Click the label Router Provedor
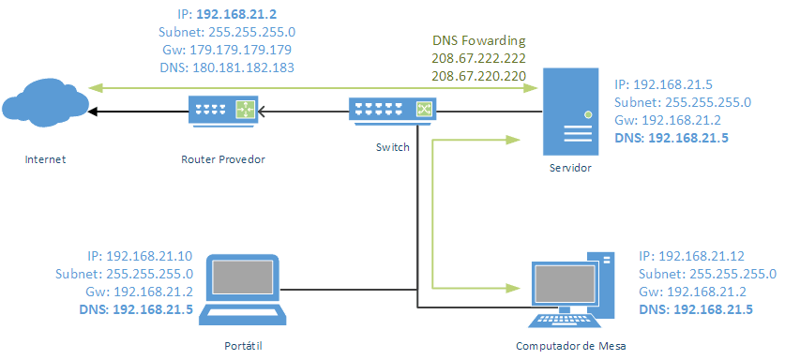click(223, 158)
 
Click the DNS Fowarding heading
click(478, 41)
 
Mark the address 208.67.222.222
click(478, 58)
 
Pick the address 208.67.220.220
click(478, 75)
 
